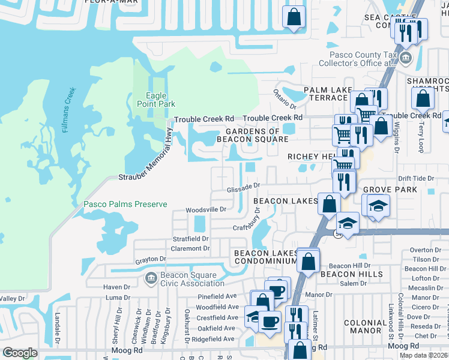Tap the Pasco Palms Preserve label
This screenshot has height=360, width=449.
click(x=125, y=205)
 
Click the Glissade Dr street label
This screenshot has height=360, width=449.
click(x=243, y=188)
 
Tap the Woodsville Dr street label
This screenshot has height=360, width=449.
click(x=206, y=210)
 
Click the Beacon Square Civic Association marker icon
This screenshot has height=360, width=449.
click(x=150, y=277)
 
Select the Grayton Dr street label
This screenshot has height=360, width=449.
click(x=150, y=260)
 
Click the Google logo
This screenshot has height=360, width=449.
click(x=20, y=353)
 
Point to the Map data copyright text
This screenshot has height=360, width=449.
click(x=424, y=355)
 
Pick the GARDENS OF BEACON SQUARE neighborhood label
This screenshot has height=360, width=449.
click(x=257, y=135)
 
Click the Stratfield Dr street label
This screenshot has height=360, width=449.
click(x=190, y=239)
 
